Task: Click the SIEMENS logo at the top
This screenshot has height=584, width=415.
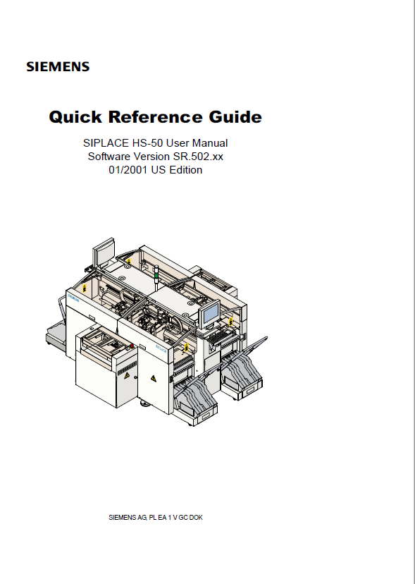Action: pyautogui.click(x=58, y=67)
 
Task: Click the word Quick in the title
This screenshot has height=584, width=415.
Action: pyautogui.click(x=75, y=117)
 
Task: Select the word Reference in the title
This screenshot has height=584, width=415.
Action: pyautogui.click(x=155, y=116)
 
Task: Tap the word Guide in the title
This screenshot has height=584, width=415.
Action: pyautogui.click(x=235, y=116)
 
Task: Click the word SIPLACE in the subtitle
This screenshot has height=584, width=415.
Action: pyautogui.click(x=106, y=143)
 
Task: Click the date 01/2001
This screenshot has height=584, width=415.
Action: pyautogui.click(x=128, y=170)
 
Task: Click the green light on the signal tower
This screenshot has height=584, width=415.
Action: pyautogui.click(x=156, y=275)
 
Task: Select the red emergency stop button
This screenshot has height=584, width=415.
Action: pyautogui.click(x=131, y=346)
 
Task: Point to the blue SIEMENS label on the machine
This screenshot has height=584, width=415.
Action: pyautogui.click(x=73, y=298)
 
